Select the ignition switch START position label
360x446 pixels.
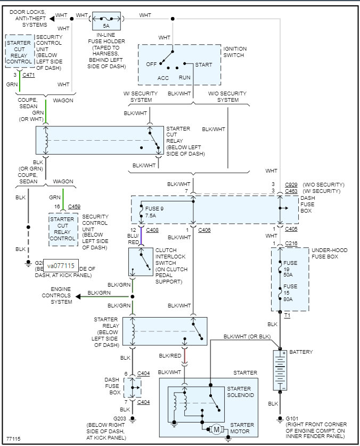pos(203,65)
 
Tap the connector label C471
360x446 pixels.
pos(29,76)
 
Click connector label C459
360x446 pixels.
pos(75,206)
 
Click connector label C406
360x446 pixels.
pos(204,230)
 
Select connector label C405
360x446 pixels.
pos(291,230)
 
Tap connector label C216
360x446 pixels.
pos(291,244)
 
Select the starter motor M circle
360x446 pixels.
pos(216,428)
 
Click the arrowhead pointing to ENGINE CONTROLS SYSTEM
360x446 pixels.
pos(77,296)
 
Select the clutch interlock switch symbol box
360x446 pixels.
pos(141,262)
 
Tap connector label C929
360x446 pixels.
pos(291,184)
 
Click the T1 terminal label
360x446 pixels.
pos(287,316)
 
